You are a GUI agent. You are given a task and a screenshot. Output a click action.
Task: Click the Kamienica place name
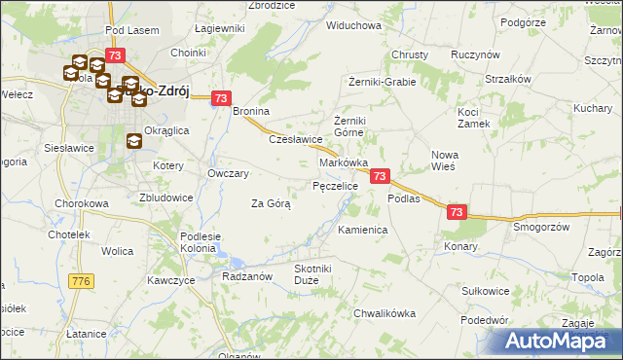[363, 230]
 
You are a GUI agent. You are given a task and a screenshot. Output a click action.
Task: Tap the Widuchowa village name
[353, 25]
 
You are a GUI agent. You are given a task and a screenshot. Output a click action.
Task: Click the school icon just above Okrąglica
[133, 140]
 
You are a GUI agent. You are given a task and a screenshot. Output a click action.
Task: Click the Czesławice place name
[295, 139]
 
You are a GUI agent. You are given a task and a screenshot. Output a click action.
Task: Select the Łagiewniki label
[219, 28]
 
